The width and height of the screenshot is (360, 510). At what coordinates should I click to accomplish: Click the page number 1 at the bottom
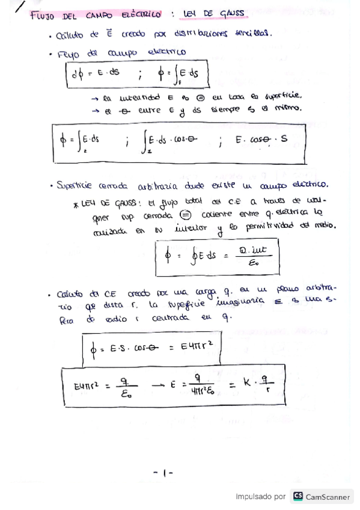point(163,473)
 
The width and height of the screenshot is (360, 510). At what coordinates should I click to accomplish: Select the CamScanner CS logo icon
point(297,496)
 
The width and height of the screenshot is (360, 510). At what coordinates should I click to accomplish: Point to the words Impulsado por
point(260,497)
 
